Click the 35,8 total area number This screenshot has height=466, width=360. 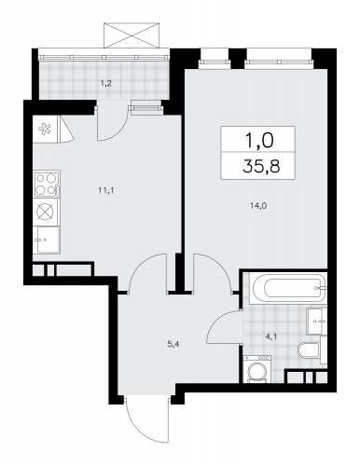click(261, 166)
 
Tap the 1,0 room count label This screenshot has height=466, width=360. click(259, 140)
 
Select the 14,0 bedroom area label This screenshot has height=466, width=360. click(258, 205)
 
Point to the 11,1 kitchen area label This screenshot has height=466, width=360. click(106, 190)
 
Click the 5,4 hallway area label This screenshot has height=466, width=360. click(174, 344)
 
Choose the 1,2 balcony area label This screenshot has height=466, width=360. click(105, 83)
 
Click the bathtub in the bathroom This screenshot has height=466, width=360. click(288, 288)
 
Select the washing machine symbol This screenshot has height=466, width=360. click(257, 369)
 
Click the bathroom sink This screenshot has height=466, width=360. click(316, 322)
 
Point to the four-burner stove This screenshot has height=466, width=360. click(47, 184)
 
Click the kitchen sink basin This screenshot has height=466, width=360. click(47, 240)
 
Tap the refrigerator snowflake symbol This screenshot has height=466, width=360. click(45, 130)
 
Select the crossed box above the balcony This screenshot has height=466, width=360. click(132, 35)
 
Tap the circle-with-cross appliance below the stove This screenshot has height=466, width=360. click(45, 212)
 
